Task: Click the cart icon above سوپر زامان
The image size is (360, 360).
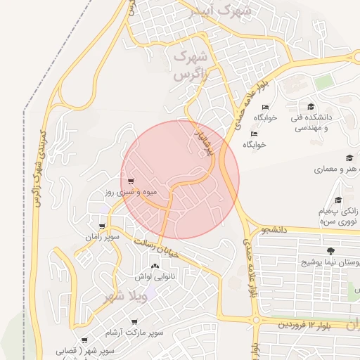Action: (x=103, y=226)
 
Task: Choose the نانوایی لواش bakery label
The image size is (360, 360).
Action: (x=149, y=276)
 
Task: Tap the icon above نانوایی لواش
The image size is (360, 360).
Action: (x=155, y=266)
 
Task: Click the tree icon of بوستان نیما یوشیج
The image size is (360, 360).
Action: (x=330, y=250)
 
